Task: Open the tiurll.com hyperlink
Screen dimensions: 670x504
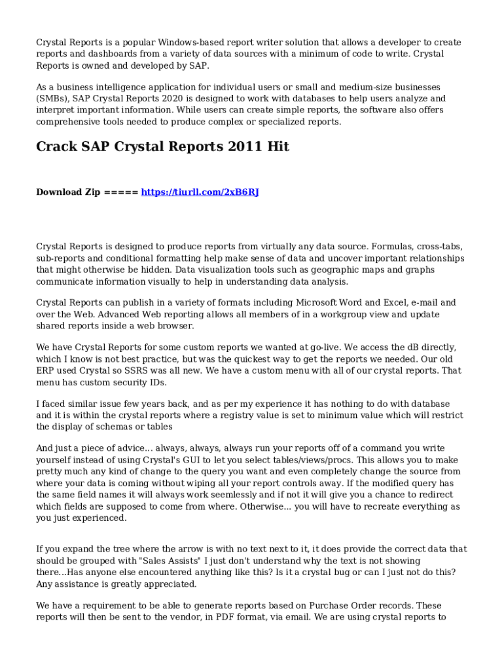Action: (x=200, y=192)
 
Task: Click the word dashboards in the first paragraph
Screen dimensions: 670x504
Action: (x=103, y=54)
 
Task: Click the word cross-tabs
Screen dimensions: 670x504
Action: (x=440, y=247)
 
